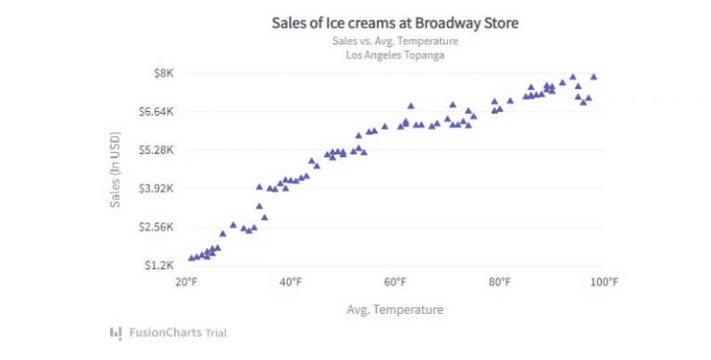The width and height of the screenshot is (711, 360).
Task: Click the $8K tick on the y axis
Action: point(164,73)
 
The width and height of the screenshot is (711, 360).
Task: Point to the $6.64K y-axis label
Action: point(157,112)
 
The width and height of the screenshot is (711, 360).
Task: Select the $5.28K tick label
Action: point(157,150)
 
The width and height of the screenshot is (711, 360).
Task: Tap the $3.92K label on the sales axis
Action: point(157,189)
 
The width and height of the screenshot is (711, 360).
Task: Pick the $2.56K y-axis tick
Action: point(157,227)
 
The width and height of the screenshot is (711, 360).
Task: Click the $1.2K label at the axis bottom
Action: point(161,266)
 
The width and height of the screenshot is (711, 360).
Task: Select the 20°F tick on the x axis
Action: point(186,282)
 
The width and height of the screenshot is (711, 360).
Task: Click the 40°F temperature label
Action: point(291,282)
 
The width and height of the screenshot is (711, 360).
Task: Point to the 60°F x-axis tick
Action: point(395,282)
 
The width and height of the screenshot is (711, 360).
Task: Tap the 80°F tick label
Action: point(500,282)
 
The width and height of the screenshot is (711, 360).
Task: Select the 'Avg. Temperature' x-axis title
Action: point(394,309)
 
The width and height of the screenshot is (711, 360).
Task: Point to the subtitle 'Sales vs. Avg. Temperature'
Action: point(394,41)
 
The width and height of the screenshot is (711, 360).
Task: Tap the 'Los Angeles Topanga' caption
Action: point(394,55)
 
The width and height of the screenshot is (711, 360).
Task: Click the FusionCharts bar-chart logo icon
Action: point(116,332)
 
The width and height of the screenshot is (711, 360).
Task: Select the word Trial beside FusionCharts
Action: point(213,332)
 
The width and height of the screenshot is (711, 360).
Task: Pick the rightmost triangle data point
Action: point(593,77)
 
